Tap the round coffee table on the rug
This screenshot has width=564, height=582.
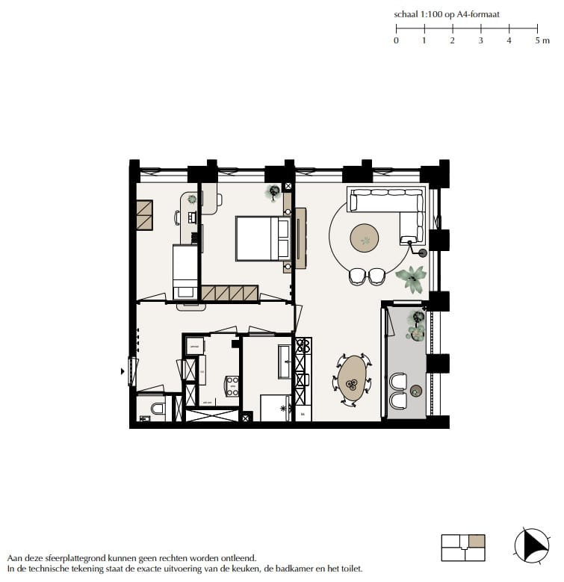(x=365, y=238)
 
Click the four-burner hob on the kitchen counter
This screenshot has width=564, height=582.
(x=303, y=346)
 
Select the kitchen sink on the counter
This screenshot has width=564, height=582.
(x=303, y=378)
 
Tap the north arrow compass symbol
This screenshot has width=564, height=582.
(x=531, y=545)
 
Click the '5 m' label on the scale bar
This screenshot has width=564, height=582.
(x=542, y=40)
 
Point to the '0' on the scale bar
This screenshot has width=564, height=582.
(x=396, y=40)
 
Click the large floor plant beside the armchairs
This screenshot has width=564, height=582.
(x=411, y=279)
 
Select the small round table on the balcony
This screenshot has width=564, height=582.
(x=417, y=389)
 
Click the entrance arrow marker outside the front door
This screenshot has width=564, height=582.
(x=123, y=370)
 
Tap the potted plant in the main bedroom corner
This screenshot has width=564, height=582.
(x=273, y=192)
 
